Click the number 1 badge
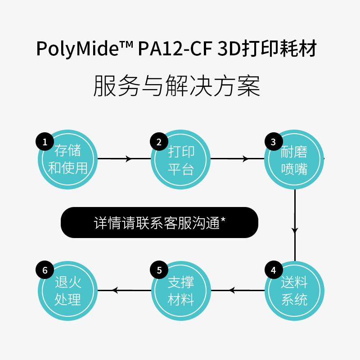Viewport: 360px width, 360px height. (x=45, y=143)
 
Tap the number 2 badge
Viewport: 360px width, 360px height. (x=159, y=143)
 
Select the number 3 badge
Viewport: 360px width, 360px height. (x=273, y=143)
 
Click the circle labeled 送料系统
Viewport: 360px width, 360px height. (x=294, y=290)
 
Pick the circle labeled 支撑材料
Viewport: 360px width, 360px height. (x=181, y=290)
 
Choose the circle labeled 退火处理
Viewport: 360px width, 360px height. (x=67, y=290)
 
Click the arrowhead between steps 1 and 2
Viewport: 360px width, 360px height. (x=128, y=159)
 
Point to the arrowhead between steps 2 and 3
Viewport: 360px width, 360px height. (x=245, y=159)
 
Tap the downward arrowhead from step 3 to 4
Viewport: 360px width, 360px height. (x=295, y=230)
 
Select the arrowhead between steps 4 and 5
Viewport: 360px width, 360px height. (x=232, y=291)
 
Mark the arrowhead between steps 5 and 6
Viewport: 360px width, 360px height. (x=115, y=291)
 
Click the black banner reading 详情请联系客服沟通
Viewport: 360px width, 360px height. (x=159, y=222)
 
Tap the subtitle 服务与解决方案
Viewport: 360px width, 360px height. (x=177, y=85)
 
